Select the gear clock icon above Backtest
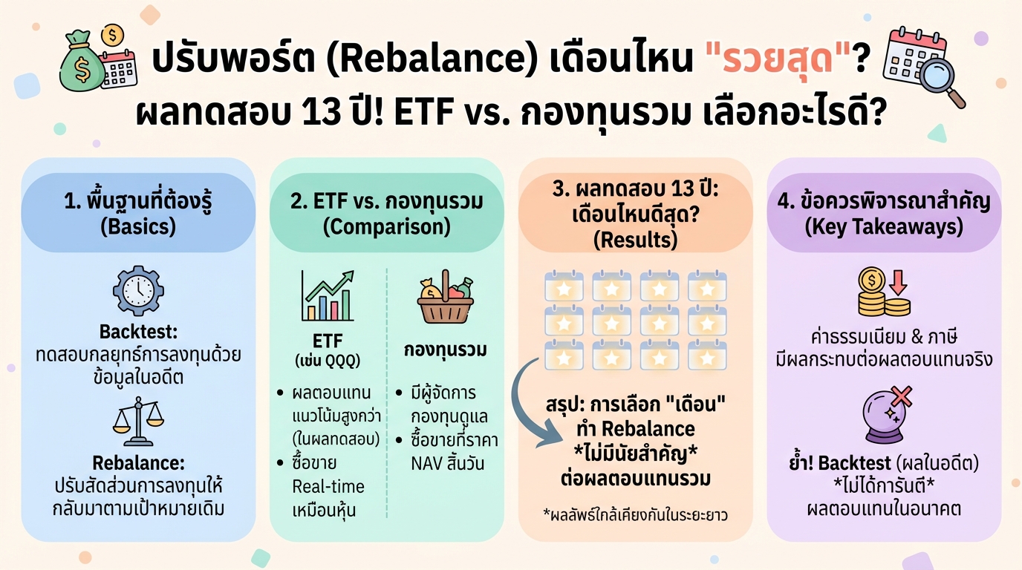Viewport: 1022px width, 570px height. coord(138,290)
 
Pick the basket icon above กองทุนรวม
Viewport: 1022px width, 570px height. coord(446,301)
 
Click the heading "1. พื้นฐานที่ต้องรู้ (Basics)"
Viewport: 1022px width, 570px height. coord(138,213)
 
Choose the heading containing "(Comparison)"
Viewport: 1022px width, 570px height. coord(386,213)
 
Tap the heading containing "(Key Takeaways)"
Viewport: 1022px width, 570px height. coord(884,213)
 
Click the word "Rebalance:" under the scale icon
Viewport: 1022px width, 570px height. coord(138,463)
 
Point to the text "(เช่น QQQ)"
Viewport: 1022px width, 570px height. coord(328,361)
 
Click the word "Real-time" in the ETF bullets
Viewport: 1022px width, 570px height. coord(328,486)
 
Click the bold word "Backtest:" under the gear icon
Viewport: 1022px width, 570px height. coord(138,332)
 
